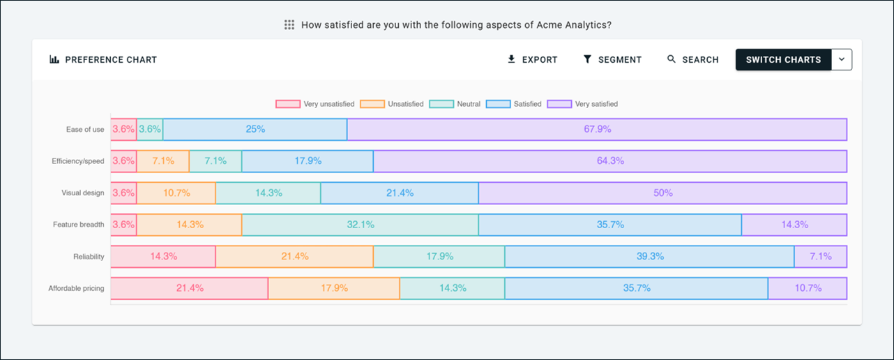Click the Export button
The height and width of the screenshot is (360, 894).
[x=532, y=60]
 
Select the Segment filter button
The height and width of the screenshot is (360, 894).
[x=612, y=60]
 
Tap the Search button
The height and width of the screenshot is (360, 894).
[x=692, y=60]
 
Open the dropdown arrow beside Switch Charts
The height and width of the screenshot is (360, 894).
[x=842, y=60]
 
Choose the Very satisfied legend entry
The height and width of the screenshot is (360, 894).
[x=582, y=104]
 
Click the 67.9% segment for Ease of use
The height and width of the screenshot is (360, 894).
[x=597, y=129]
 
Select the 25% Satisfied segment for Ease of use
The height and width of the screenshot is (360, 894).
[x=255, y=129]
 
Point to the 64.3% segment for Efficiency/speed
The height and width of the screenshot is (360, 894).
[x=610, y=161]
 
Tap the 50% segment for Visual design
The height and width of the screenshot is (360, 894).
[x=662, y=193]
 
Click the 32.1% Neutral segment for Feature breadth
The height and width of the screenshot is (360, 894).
[x=361, y=225]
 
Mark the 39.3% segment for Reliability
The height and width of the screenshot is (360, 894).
[x=650, y=257]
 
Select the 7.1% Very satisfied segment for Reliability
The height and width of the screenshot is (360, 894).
[x=821, y=257]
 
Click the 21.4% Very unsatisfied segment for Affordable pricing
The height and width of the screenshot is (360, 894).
[x=190, y=288]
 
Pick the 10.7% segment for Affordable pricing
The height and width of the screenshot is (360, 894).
[x=808, y=288]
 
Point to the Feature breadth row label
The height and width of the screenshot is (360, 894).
[x=78, y=225]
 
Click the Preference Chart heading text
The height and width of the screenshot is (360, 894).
[x=111, y=60]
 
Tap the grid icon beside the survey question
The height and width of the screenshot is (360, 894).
[x=289, y=25]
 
